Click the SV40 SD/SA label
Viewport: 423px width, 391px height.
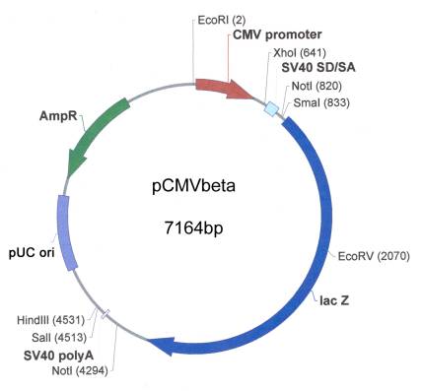(x=319, y=68)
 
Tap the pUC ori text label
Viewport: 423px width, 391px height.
(x=32, y=249)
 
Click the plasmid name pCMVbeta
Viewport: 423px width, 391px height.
(x=197, y=184)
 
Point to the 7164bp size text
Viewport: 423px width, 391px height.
(x=197, y=228)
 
